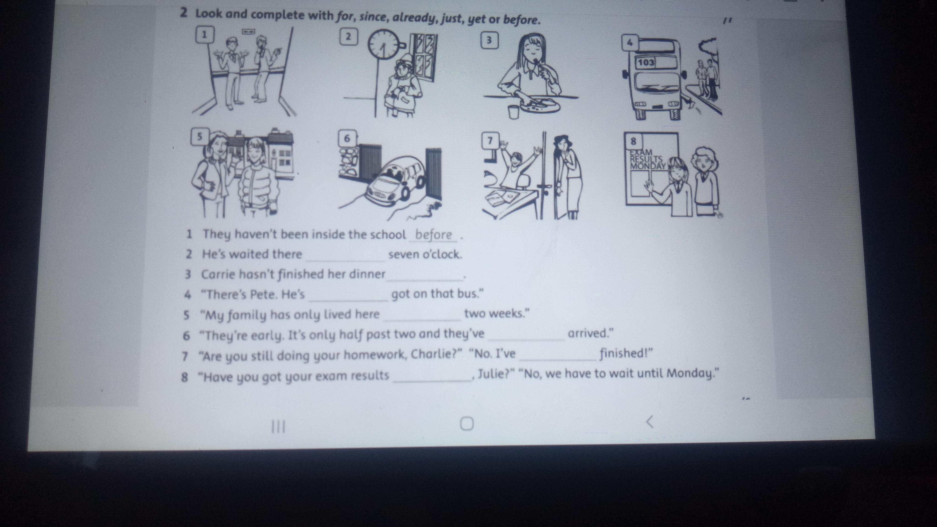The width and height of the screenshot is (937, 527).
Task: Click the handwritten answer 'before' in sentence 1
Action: coord(433,235)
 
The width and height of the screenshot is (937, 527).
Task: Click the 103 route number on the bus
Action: coord(646,62)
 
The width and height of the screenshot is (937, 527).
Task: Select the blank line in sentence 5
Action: coord(422,320)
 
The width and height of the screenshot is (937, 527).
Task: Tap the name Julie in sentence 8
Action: coord(491,374)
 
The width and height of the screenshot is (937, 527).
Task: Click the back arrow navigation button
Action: coord(650,422)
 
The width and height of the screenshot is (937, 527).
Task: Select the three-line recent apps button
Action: coord(279,427)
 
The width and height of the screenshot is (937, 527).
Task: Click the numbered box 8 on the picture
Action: coord(633,141)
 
